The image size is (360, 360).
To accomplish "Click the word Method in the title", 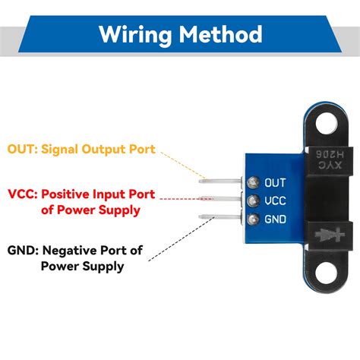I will point(223,34).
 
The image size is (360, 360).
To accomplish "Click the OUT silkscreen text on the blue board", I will point(274,182).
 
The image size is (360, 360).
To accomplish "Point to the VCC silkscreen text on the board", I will point(274,201).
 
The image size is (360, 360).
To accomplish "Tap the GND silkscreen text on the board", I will point(274,220).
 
